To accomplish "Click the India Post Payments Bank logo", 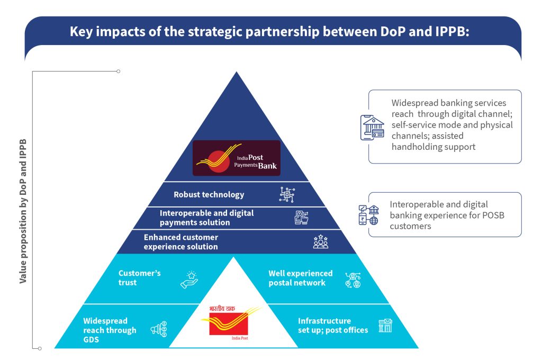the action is tap(237, 158).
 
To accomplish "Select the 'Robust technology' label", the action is tap(209, 195).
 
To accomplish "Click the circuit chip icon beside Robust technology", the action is tap(287, 194).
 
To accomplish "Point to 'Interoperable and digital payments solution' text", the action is tap(207, 218).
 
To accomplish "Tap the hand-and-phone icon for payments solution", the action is tap(301, 218).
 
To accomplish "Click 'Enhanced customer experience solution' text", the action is tap(181, 242).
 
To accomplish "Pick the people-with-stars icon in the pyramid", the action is tap(320, 242).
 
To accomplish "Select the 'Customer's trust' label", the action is tap(139, 278).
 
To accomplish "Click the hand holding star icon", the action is tap(189, 280).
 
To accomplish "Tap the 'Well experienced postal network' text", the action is tap(301, 278).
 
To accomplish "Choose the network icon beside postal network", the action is tap(353, 280).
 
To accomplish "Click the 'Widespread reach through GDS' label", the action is tap(110, 330).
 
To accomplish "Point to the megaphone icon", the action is tap(159, 329).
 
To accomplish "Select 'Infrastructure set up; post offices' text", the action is tap(333, 326).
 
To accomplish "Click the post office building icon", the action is tap(385, 326).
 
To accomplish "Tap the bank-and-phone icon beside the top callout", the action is tap(372, 128).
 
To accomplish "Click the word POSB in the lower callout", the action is tap(493, 215).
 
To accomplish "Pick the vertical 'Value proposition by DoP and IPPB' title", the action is tap(23, 211).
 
